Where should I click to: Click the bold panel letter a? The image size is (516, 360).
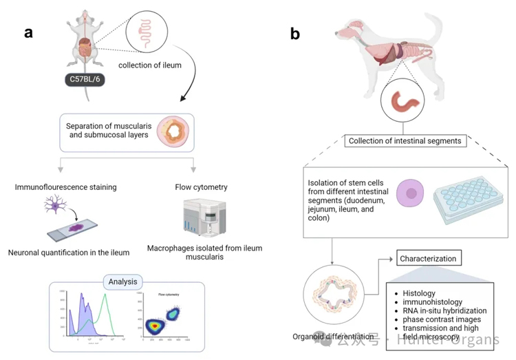pyautogui.click(x=29, y=32)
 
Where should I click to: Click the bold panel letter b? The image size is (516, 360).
pyautogui.click(x=295, y=32)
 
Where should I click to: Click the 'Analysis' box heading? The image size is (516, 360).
pyautogui.click(x=122, y=282)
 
